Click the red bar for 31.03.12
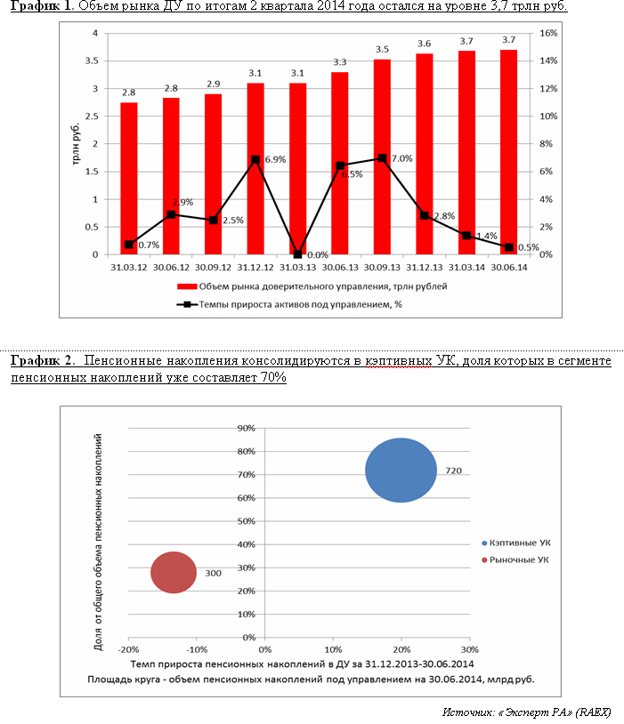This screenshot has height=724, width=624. tap(129, 179)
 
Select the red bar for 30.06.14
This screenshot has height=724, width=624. tap(508, 152)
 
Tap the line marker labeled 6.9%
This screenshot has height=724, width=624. tap(255, 160)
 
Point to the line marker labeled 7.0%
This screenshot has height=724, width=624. tap(382, 158)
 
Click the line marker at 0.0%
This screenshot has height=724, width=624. tap(297, 254)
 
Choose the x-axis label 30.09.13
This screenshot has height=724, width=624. tap(382, 266)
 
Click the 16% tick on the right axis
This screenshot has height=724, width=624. tap(548, 33)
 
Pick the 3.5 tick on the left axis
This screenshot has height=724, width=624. tap(91, 60)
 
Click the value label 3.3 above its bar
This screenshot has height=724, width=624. tap(340, 62)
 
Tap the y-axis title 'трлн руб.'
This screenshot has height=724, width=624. tap(77, 144)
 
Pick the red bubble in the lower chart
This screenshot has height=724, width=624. tap(173, 572)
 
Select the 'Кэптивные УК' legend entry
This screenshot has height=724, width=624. tap(515, 542)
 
